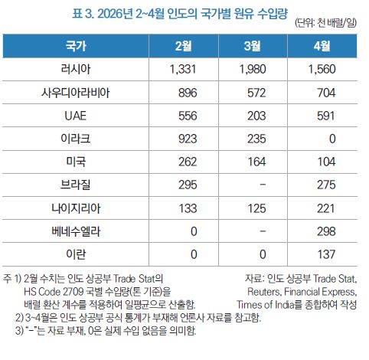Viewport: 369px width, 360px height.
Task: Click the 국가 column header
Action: (x=76, y=46)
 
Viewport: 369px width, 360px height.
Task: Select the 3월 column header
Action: (x=253, y=46)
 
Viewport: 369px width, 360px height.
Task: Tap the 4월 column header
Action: (x=322, y=46)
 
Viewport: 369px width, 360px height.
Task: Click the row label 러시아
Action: (x=76, y=69)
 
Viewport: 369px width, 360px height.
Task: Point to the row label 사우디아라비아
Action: (x=76, y=93)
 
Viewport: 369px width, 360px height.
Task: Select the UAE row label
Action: (x=76, y=116)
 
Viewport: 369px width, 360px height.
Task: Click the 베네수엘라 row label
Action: (x=76, y=231)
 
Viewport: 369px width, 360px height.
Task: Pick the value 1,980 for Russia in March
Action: (x=253, y=70)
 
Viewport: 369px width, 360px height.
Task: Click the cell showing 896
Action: (x=188, y=93)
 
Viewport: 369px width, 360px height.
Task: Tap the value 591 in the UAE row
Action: (x=326, y=116)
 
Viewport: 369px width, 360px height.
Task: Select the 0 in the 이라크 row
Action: (x=332, y=139)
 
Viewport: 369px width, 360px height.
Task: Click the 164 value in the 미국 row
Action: (x=256, y=162)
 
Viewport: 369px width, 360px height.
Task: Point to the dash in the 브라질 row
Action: (x=263, y=185)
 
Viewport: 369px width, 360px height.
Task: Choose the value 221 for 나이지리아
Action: (x=326, y=208)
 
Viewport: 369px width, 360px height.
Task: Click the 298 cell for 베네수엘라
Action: (x=326, y=231)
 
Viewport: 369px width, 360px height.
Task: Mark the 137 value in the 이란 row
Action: (x=326, y=254)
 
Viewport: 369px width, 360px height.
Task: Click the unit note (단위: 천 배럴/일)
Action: (x=325, y=23)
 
